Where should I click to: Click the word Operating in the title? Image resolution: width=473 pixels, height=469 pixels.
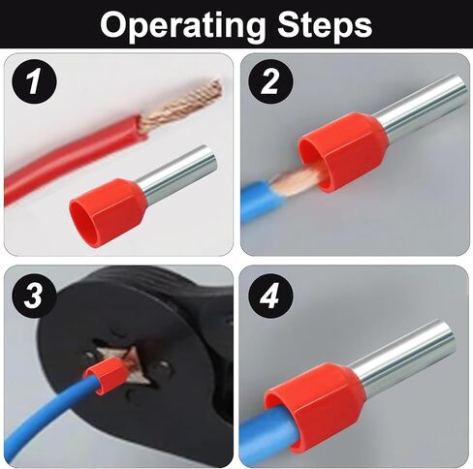click(x=181, y=25)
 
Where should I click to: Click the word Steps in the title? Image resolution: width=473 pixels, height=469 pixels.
click(x=325, y=25)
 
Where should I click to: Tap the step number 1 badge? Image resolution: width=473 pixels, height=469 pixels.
click(x=34, y=81)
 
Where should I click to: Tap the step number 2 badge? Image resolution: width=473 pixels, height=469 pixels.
click(x=270, y=81)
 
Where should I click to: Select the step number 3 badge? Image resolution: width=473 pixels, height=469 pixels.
click(x=34, y=296)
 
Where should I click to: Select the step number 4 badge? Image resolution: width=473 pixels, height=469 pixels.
click(x=270, y=296)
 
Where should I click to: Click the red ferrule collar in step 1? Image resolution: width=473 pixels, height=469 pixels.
click(x=109, y=211)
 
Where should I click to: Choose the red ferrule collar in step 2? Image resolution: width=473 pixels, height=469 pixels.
click(x=343, y=152)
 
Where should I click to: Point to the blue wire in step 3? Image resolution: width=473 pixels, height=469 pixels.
click(x=48, y=417)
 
